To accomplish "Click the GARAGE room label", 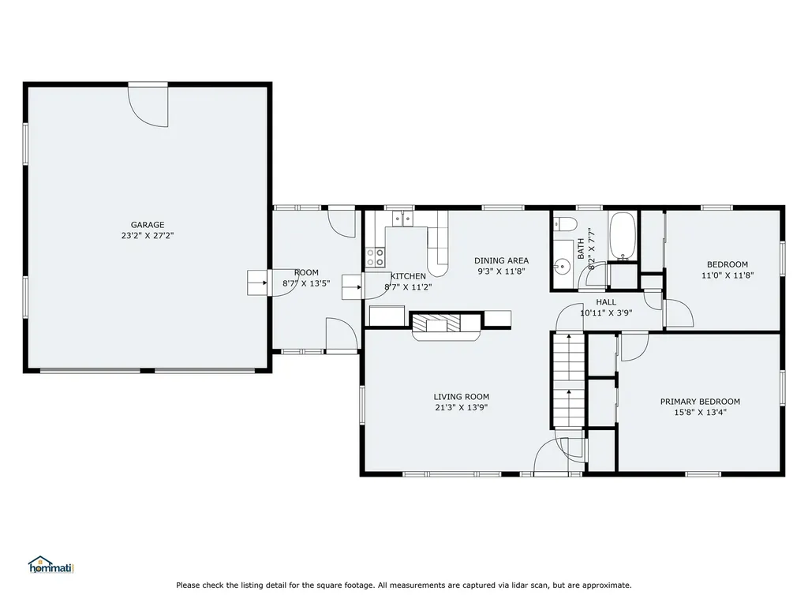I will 148,225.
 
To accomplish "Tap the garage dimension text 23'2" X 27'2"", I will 148,235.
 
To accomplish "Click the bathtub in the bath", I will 623,235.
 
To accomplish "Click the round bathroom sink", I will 562,266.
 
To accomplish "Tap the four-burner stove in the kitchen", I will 376,256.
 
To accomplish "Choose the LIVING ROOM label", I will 461,397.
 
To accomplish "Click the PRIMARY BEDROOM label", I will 700,402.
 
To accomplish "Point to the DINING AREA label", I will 501,261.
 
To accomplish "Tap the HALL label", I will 606,302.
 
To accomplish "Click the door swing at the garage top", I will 149,107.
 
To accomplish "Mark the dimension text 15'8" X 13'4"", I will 700,412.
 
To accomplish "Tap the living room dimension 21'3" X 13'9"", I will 461,408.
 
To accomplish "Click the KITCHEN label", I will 408,276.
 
